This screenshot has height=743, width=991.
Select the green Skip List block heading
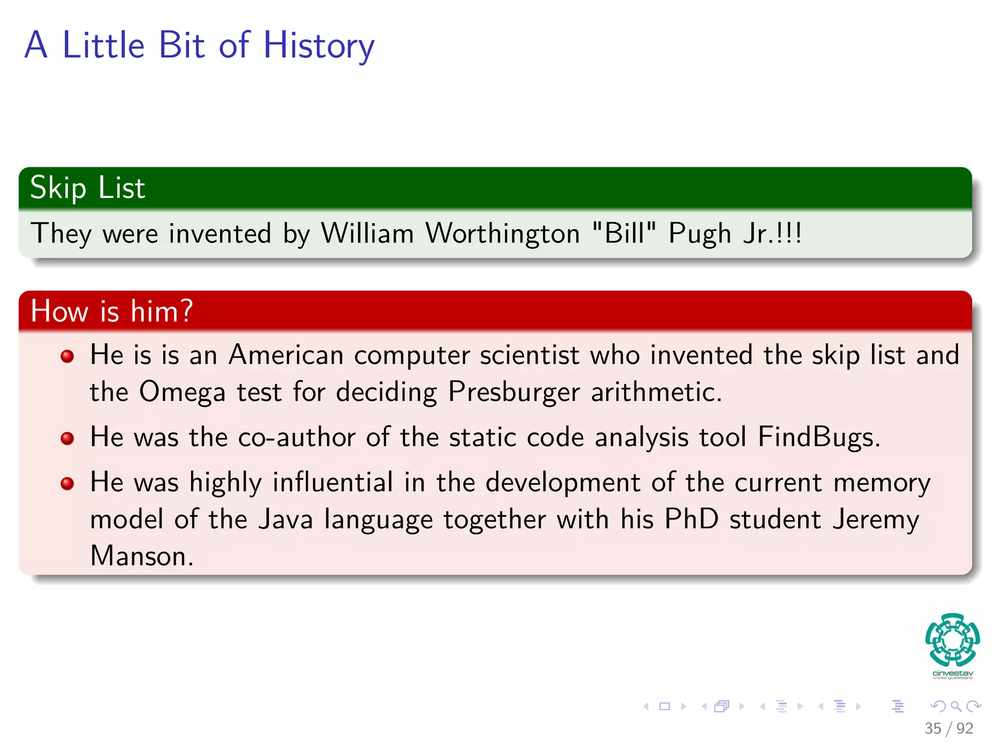pos(88,188)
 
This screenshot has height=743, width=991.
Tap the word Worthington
pos(503,234)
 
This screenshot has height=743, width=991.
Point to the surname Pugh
pos(699,234)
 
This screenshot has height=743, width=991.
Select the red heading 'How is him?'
pos(112,311)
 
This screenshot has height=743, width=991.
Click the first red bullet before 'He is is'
pos(67,357)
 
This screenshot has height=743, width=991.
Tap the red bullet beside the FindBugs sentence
pos(67,438)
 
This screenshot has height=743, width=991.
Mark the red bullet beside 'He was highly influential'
pos(67,483)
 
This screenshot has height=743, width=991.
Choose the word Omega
pos(182,392)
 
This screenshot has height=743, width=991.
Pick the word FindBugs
pos(818,437)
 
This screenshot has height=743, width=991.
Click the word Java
pos(285,520)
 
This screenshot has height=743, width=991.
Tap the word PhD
pos(691,520)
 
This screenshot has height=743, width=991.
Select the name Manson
pos(142,556)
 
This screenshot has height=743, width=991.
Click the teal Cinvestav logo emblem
pos(952,640)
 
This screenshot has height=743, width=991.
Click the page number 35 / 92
pos(948,728)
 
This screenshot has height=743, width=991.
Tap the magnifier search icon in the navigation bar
pos(956,707)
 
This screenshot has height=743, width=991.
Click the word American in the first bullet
pos(286,356)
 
